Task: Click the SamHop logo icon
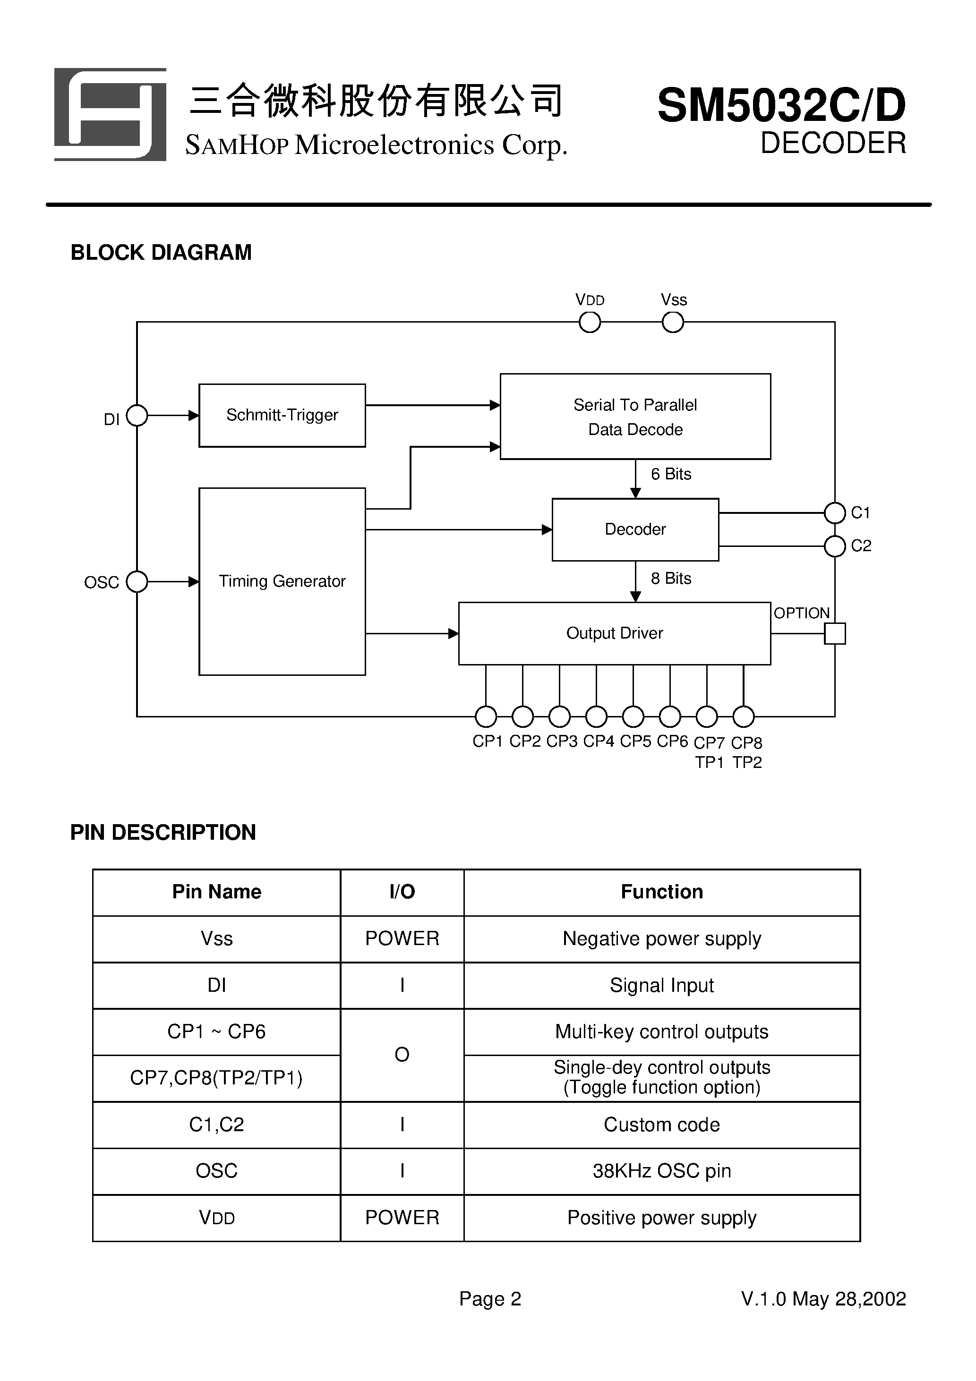point(110,114)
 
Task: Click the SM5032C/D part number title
point(780,106)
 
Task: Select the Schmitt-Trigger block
point(282,415)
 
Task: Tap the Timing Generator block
point(282,581)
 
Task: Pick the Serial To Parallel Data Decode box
point(635,416)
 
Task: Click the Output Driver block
point(614,633)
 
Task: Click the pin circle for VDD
point(590,323)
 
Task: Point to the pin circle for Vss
point(673,323)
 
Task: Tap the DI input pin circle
point(137,415)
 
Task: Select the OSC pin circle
point(137,581)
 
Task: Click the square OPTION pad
point(835,633)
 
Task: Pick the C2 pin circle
point(835,546)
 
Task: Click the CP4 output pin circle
point(596,716)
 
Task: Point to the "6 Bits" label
point(671,475)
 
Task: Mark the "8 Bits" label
point(671,579)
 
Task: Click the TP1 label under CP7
point(710,763)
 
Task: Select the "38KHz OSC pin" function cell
point(661,1171)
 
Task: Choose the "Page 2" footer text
point(490,1299)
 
